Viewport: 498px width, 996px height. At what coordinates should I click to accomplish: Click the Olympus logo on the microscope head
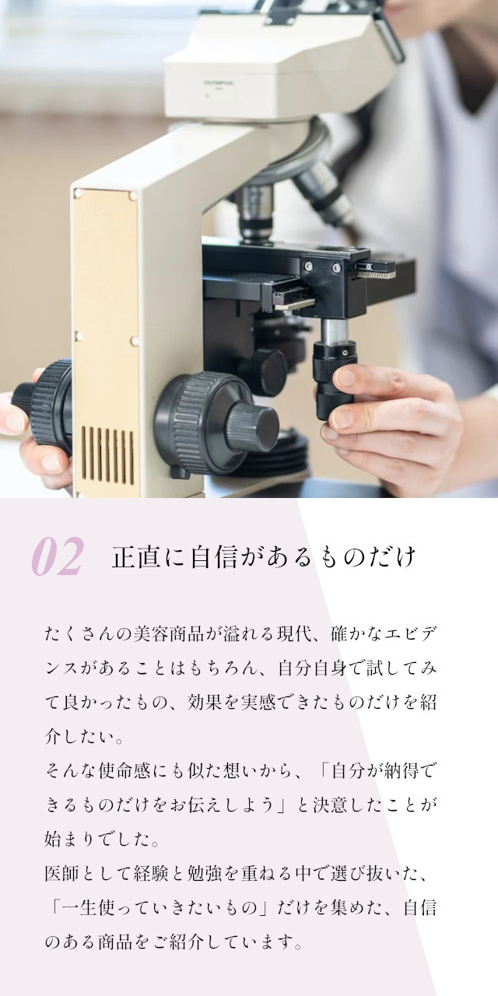[219, 82]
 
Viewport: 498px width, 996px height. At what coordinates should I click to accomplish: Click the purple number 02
[58, 556]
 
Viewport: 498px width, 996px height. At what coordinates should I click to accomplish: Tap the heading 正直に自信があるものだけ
[265, 556]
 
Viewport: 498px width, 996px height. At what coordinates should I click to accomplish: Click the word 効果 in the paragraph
[205, 702]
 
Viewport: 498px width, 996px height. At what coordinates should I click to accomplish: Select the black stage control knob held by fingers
[335, 381]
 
